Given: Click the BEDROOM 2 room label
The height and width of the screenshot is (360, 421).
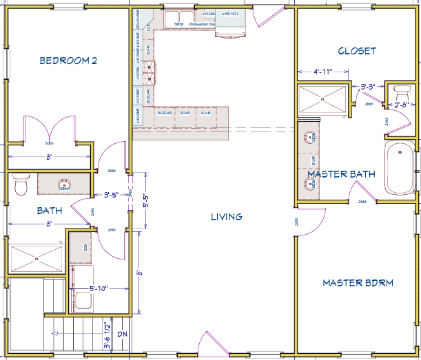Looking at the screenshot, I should click(68, 61).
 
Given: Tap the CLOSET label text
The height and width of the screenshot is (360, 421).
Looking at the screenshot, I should click(357, 51).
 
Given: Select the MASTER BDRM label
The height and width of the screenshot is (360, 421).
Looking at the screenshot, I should click(358, 283).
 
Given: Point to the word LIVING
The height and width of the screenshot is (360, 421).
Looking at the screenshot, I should click(227, 217).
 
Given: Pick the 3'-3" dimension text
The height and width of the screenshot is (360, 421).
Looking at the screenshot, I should click(372, 87).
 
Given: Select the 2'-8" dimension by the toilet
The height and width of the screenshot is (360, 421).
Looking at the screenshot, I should click(402, 105).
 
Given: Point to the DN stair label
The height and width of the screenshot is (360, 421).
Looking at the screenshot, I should click(123, 335).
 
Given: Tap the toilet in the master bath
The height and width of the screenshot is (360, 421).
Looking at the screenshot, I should click(400, 91).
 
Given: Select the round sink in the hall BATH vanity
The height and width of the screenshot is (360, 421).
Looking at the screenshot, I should click(64, 184).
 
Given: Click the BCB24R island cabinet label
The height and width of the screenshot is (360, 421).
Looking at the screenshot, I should click(164, 112).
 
